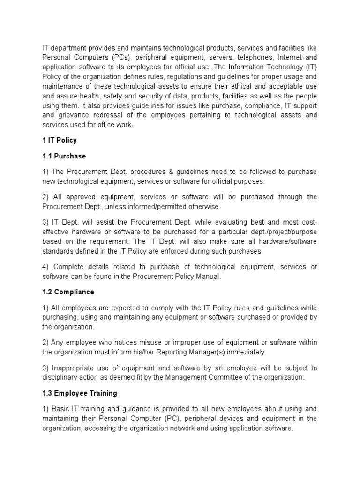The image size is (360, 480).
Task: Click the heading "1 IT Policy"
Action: point(60,140)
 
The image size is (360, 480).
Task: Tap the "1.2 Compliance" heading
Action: point(68,292)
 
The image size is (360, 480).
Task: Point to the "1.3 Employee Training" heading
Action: point(80,393)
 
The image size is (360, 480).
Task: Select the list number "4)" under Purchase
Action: point(45,267)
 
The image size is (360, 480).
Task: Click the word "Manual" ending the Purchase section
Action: point(208,277)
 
